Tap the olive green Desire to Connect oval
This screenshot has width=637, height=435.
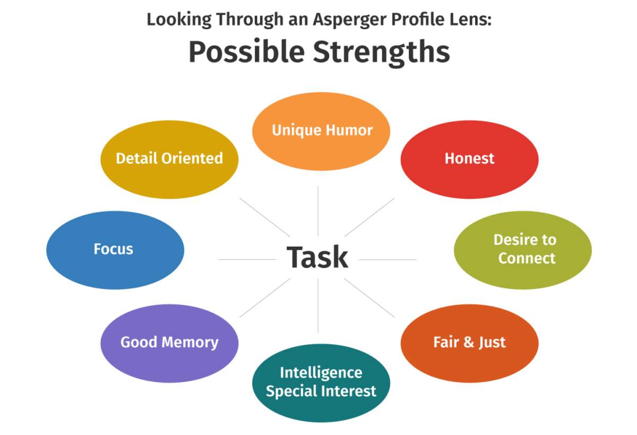coord(523,249)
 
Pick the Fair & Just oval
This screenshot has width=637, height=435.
coord(469,343)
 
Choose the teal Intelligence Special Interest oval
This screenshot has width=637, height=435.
coord(321,382)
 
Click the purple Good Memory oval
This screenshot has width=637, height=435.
coord(169,343)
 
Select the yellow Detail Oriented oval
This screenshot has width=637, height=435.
coord(169,159)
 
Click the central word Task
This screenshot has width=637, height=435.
coord(317,257)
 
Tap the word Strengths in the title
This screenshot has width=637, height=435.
coord(381,53)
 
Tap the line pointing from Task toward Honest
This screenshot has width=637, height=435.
coord(370,217)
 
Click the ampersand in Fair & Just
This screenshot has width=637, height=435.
coord(468,343)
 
